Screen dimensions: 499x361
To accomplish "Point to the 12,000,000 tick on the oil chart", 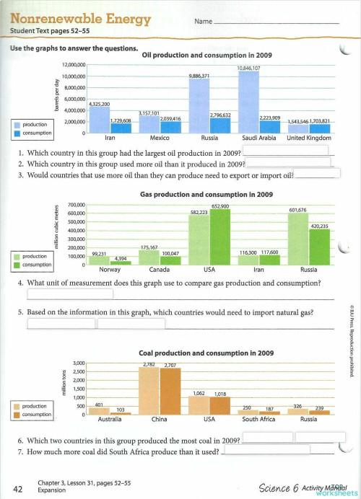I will [x=73, y=65].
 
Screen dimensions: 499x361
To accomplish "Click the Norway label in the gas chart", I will [x=110, y=270].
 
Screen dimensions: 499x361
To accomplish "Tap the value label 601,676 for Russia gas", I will [x=297, y=210].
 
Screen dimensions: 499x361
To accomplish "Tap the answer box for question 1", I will [x=284, y=150].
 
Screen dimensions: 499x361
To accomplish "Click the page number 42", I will [x=20, y=489].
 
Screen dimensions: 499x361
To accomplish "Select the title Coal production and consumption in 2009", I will [x=206, y=353].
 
